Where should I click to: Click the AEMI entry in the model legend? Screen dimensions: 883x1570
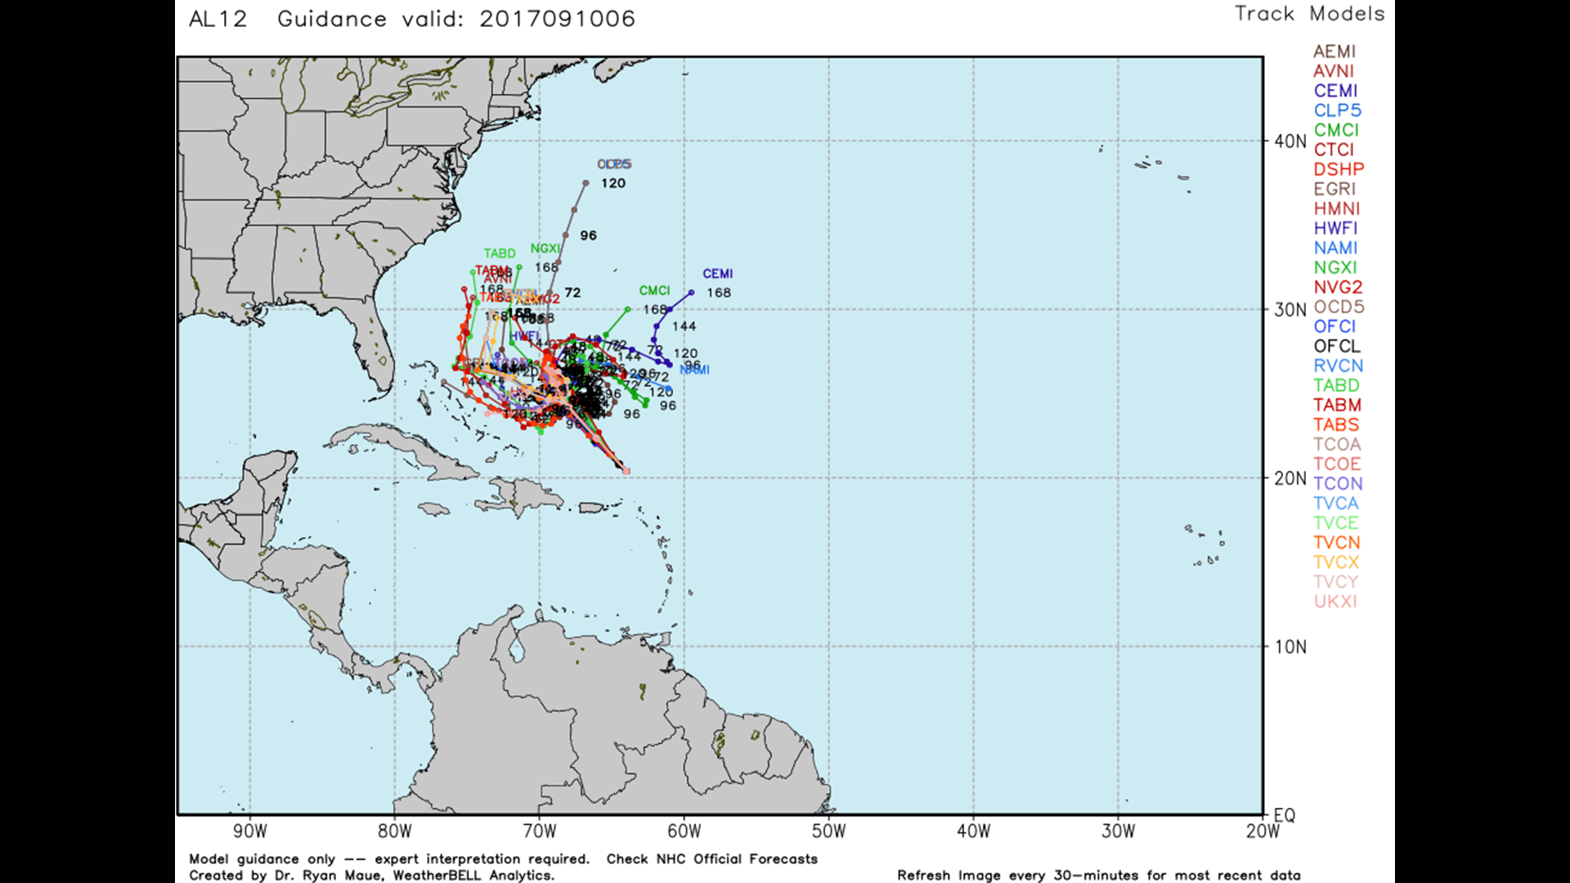click(x=1334, y=52)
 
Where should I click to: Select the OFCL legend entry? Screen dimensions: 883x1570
click(x=1337, y=346)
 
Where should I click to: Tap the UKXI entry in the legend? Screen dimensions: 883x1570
click(x=1335, y=601)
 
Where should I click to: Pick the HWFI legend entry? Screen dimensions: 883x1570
click(x=1335, y=228)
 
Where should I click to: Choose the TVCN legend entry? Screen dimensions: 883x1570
click(x=1337, y=542)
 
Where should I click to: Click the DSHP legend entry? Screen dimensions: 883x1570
click(x=1339, y=169)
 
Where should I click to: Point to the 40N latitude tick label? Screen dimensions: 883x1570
click(x=1290, y=141)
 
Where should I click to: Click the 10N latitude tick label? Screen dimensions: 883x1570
click(x=1290, y=647)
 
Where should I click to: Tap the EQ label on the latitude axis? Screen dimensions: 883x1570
click(x=1285, y=815)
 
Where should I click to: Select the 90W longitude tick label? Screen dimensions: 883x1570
click(x=249, y=831)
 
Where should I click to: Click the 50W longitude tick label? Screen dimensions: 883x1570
click(x=828, y=831)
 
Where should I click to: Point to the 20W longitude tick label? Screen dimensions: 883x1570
click(x=1262, y=831)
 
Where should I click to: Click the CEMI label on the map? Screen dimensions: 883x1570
click(x=717, y=274)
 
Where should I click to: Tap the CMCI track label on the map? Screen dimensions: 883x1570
click(x=654, y=290)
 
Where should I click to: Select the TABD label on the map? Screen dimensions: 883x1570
click(x=499, y=253)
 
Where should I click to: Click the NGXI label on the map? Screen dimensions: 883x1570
click(x=545, y=249)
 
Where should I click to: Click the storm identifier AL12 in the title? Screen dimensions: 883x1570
click(x=218, y=19)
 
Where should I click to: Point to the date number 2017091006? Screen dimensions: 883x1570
click(x=557, y=19)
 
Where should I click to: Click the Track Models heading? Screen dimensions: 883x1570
click(x=1309, y=14)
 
